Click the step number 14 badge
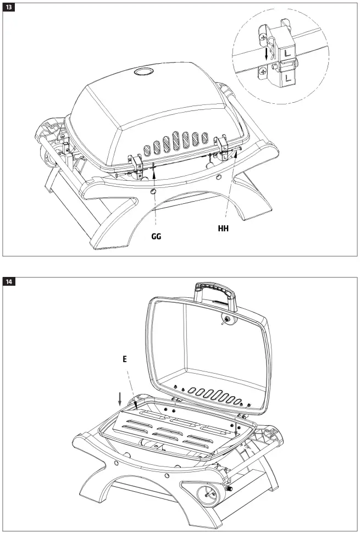(10, 282)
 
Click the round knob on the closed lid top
(144, 71)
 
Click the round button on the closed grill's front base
(153, 191)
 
